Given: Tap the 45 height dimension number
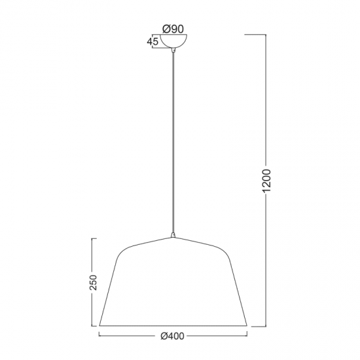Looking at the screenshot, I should pyautogui.click(x=154, y=43).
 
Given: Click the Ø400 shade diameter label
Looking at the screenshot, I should pyautogui.click(x=173, y=337).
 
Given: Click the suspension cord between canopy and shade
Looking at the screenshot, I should pyautogui.click(x=173, y=144).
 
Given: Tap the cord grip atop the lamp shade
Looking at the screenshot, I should pyautogui.click(x=173, y=234).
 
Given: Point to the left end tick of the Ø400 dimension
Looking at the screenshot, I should pyautogui.click(x=99, y=336).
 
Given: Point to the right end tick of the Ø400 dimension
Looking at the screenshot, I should pyautogui.click(x=247, y=336).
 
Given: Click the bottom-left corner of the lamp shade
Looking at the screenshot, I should pyautogui.click(x=99, y=325).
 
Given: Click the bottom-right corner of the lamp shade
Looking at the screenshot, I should pyautogui.click(x=246, y=325).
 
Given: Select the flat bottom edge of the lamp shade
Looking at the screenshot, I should pyautogui.click(x=173, y=325).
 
